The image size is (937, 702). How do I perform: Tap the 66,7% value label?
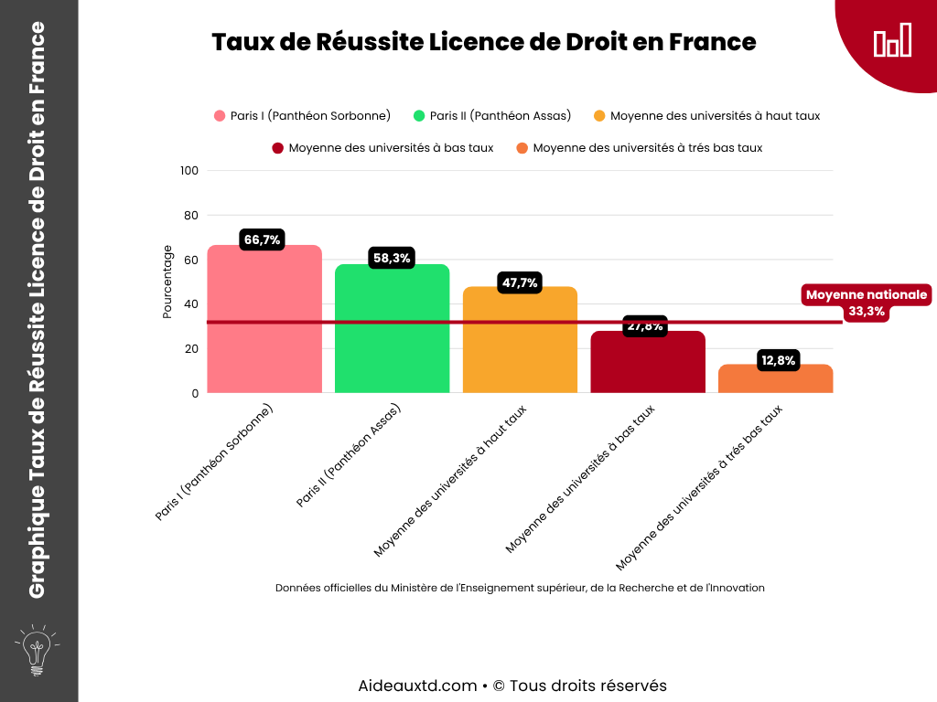coord(263,240)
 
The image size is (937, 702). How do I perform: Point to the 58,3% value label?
coord(392,259)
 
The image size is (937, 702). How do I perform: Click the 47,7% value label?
coord(520,283)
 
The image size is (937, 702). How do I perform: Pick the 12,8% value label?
coord(778,361)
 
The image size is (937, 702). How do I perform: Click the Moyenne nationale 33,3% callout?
coord(867,303)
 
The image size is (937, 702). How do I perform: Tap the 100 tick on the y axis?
coord(189,171)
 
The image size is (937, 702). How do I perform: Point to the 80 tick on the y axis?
coord(190,216)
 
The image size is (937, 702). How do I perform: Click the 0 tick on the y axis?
coord(194,394)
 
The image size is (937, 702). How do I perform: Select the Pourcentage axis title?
coord(167,282)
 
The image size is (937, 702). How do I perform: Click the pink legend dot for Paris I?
coord(220,116)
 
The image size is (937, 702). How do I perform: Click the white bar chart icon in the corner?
coord(892,41)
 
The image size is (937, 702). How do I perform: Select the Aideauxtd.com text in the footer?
coord(417,686)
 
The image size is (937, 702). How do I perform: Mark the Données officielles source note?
coord(520,588)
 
